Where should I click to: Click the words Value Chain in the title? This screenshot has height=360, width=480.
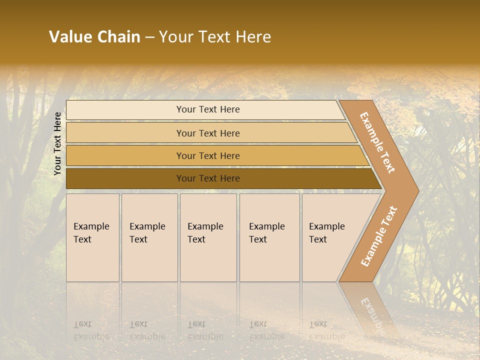tap(94, 37)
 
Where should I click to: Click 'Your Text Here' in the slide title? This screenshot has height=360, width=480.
tap(215, 37)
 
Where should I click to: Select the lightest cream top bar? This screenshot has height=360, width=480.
tap(125, 110)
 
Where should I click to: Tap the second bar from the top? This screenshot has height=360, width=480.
tap(125, 133)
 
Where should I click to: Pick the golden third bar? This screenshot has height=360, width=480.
tap(125, 156)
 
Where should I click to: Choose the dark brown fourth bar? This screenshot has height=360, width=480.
tap(125, 178)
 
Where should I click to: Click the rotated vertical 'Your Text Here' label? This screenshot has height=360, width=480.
tap(58, 143)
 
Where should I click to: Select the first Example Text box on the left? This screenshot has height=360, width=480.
tap(92, 237)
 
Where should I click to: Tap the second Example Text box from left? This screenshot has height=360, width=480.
tap(149, 237)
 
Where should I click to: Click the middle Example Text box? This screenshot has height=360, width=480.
tap(208, 237)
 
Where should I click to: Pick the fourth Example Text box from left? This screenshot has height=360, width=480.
tap(269, 237)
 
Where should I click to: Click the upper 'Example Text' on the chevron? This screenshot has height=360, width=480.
tap(377, 142)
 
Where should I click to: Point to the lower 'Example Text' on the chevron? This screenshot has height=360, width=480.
tap(379, 236)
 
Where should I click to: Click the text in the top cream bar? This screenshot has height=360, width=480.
tap(208, 109)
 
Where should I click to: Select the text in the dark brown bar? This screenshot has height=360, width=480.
tap(208, 178)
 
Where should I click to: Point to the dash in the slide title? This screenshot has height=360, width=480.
tap(149, 37)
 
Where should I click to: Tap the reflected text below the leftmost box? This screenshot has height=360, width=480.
tap(91, 330)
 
